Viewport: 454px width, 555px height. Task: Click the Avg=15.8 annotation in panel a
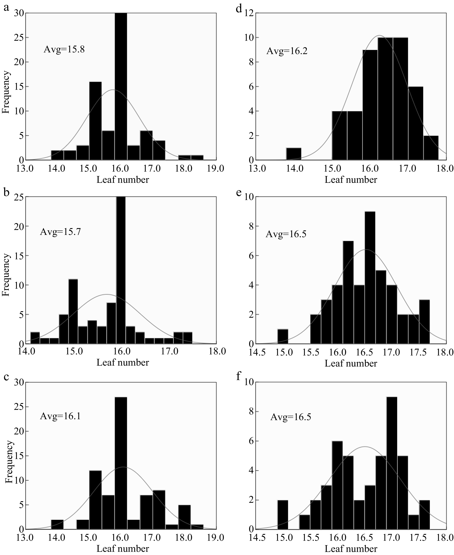coord(64,49)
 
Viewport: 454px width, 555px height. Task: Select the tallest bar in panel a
coord(121,86)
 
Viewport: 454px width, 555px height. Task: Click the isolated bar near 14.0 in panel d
coord(294,154)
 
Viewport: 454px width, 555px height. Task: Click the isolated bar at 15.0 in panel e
coord(283,337)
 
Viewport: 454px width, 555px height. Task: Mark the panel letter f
coord(238,378)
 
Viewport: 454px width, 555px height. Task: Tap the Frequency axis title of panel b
coord(6,275)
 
